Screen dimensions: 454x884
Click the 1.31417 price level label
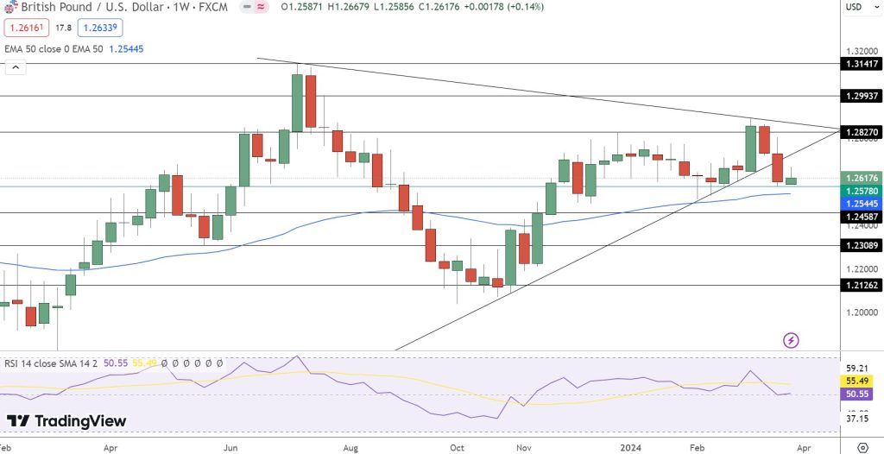[861, 63]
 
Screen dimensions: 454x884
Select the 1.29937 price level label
[861, 96]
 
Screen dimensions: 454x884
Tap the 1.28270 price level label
[861, 132]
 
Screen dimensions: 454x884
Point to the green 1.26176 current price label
[861, 177]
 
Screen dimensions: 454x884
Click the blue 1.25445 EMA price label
[861, 202]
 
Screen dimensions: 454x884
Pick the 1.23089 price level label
[861, 246]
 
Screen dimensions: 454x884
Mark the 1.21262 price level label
[861, 285]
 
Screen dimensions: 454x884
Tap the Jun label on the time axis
[230, 449]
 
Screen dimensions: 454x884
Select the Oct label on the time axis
[458, 449]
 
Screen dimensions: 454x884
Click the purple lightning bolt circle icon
[791, 340]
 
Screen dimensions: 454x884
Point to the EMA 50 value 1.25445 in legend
[126, 49]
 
